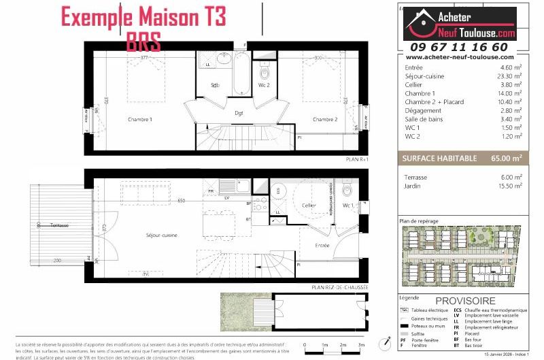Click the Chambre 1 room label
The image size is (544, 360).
point(140,120)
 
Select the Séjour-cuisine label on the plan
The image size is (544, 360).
point(161,235)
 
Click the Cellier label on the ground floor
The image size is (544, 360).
point(309,204)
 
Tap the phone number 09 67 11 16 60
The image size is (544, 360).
point(459,47)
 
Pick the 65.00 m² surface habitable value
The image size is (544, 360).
point(506,158)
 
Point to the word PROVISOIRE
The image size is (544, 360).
point(465,301)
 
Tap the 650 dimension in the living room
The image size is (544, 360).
point(181,201)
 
